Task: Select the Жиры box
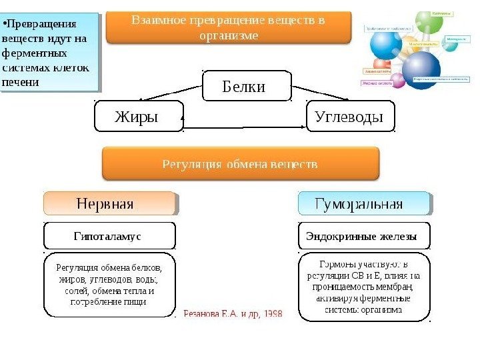(139, 117)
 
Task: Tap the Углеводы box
(349, 117)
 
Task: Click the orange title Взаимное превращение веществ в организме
(228, 27)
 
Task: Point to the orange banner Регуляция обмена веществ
(240, 163)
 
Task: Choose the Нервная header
(109, 204)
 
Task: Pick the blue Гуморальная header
(363, 204)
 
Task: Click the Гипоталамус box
(109, 236)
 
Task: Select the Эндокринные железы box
(363, 236)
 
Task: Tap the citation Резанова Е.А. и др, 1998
(232, 312)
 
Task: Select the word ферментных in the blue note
(35, 52)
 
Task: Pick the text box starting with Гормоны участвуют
(363, 283)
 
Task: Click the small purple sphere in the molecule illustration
(398, 81)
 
